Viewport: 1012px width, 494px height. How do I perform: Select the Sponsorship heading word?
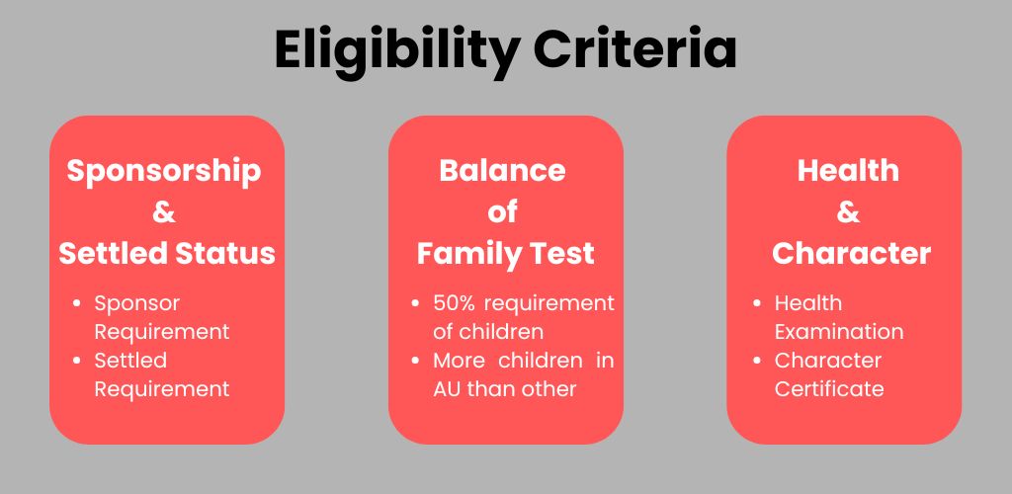click(x=164, y=171)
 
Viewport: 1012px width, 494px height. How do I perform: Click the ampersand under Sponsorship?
click(x=164, y=212)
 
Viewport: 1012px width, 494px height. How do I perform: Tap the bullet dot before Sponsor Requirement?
click(x=78, y=303)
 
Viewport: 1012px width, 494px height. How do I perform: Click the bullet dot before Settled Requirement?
click(x=78, y=361)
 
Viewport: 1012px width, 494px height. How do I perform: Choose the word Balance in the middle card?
click(x=502, y=171)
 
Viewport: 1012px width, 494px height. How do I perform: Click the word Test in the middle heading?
click(x=560, y=254)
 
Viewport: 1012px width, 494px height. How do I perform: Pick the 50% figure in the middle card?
click(x=453, y=303)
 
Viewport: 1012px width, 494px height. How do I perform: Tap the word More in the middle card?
click(x=458, y=361)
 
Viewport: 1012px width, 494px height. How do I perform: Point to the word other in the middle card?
click(x=549, y=389)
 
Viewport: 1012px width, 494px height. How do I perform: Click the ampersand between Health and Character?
click(x=848, y=212)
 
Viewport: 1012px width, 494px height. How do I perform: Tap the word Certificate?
click(x=829, y=389)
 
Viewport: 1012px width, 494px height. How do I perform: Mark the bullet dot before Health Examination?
click(x=756, y=303)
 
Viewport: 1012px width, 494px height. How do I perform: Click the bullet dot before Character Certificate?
click(x=756, y=361)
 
